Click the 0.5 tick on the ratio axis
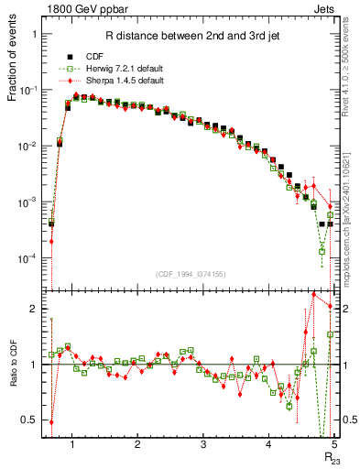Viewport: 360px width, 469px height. click(x=29, y=420)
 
